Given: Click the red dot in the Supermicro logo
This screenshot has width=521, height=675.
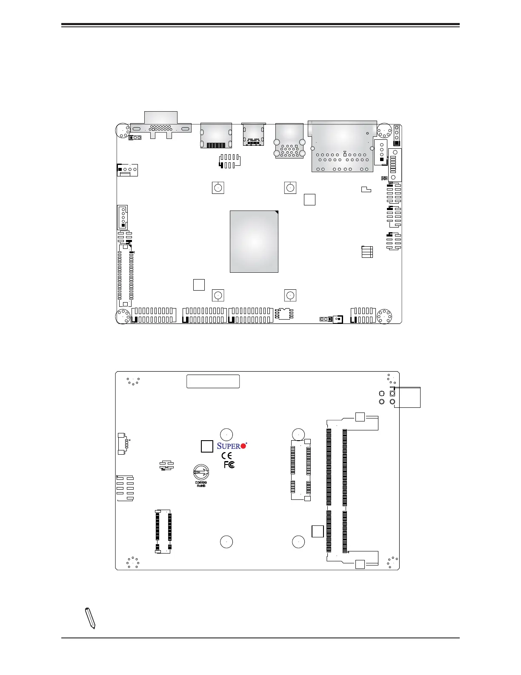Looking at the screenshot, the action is pyautogui.click(x=243, y=446).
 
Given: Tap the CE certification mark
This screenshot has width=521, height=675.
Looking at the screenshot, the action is pyautogui.click(x=227, y=456).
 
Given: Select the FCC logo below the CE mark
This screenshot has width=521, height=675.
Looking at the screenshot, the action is pyautogui.click(x=229, y=464).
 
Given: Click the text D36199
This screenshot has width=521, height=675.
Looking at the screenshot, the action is pyautogui.click(x=201, y=483).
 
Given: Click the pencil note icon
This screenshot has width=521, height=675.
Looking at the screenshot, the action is pyautogui.click(x=90, y=618).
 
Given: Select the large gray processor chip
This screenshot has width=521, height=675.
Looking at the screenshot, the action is pyautogui.click(x=254, y=241).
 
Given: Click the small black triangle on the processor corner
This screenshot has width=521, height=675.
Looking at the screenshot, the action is pyautogui.click(x=276, y=212).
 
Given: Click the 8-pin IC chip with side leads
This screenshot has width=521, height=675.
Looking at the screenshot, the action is pyautogui.click(x=284, y=314).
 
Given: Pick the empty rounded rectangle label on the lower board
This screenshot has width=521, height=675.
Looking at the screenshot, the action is pyautogui.click(x=213, y=381).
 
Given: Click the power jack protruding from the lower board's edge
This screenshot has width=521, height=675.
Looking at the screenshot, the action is pyautogui.click(x=407, y=397).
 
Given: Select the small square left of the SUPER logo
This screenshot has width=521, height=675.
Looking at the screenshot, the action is pyautogui.click(x=206, y=446).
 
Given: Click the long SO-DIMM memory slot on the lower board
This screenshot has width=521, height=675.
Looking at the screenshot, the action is pyautogui.click(x=337, y=490).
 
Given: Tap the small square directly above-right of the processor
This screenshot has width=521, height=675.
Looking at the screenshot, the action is pyautogui.click(x=309, y=199).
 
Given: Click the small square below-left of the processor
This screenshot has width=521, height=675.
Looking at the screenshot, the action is pyautogui.click(x=199, y=285).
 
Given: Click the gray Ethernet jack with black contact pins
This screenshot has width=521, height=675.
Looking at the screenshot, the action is pyautogui.click(x=216, y=135).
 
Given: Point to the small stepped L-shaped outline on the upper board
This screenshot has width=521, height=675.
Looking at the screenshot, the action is pyautogui.click(x=366, y=189).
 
